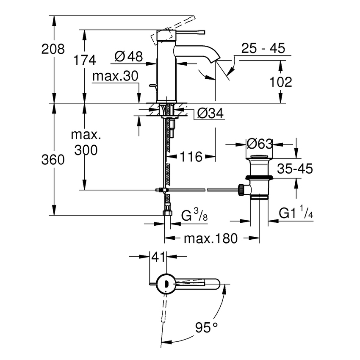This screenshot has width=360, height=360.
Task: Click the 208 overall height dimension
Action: tap(53, 50)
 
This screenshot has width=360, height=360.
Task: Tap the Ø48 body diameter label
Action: tap(128, 56)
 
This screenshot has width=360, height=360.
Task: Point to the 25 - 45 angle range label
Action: tap(263, 48)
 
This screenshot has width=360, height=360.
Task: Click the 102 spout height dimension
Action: tap(280, 82)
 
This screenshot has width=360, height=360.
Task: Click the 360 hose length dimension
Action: tap(53, 160)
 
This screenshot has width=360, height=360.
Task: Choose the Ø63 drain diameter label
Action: tap(259, 144)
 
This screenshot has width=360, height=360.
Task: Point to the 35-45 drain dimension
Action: tap(295, 169)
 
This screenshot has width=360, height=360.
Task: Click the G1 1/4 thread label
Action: tap(296, 213)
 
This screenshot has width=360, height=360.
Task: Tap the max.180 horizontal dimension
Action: tap(210, 238)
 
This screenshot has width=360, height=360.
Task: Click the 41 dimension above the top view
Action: tap(158, 256)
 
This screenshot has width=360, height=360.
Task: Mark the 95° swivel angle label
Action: tap(206, 327)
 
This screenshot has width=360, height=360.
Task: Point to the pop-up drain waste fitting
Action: tap(258, 178)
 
